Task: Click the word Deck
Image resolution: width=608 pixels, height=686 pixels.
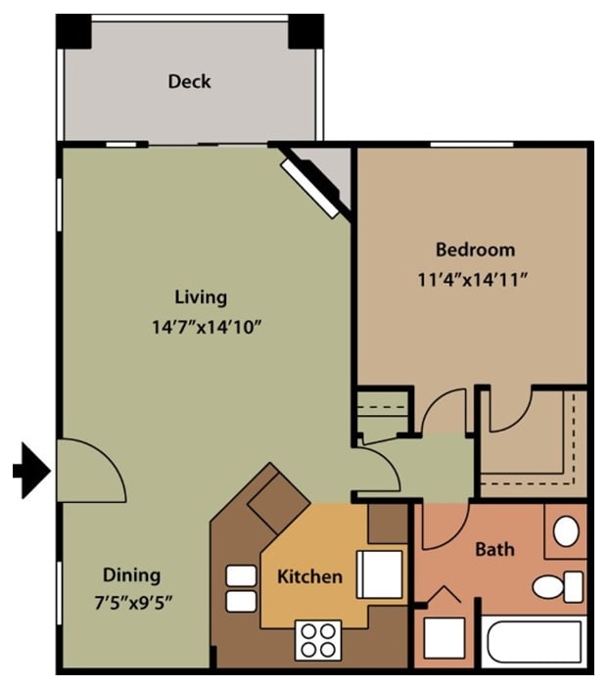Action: (189, 81)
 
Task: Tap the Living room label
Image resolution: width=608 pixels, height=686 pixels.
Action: (201, 297)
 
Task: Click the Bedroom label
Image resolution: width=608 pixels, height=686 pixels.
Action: (475, 249)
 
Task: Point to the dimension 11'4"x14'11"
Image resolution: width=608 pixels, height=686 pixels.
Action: (473, 279)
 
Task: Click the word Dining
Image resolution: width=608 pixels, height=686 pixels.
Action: (131, 574)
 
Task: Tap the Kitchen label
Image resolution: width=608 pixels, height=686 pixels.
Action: (309, 575)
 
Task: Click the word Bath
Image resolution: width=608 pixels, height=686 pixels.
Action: (494, 549)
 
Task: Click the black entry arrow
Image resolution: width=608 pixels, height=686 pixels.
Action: (30, 472)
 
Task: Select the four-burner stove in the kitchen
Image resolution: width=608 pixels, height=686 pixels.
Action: (318, 640)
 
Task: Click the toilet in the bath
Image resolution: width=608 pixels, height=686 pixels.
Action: (557, 587)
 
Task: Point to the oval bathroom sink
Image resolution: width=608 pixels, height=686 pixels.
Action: (566, 531)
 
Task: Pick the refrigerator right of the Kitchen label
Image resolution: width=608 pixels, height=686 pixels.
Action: (378, 572)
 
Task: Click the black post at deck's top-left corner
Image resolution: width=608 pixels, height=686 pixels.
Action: (72, 32)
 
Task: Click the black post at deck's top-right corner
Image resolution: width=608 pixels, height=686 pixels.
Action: (306, 32)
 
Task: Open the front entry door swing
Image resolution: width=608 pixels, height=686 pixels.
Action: (91, 468)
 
